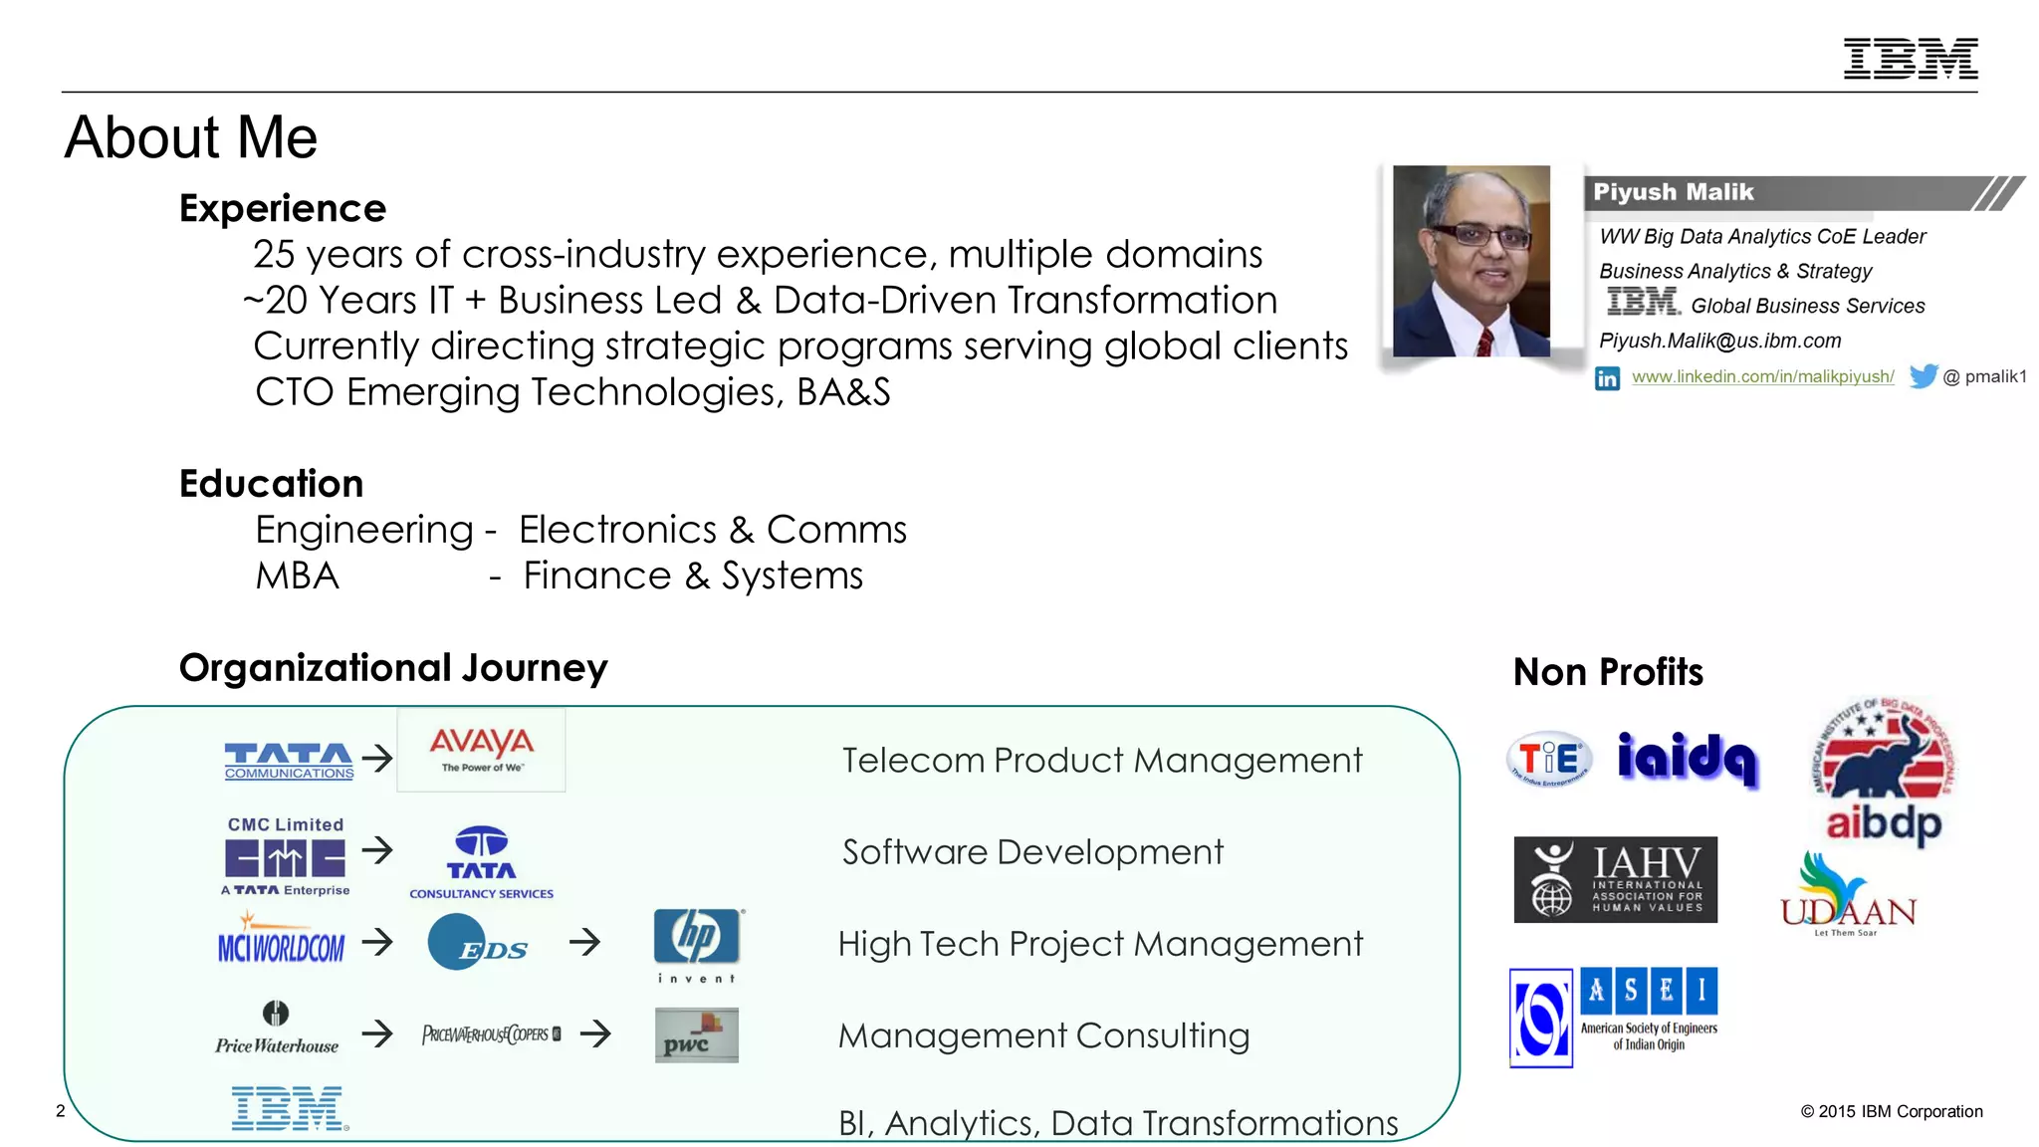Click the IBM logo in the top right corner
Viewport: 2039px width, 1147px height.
tap(1910, 59)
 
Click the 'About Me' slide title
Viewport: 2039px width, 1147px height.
tap(191, 137)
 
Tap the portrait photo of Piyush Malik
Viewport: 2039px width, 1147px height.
tap(1471, 261)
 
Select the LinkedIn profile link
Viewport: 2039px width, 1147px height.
tap(1762, 377)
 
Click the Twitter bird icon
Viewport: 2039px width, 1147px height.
tap(1924, 376)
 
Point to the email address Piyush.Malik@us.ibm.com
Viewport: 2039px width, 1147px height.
tap(1719, 342)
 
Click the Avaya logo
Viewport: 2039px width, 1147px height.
tap(482, 750)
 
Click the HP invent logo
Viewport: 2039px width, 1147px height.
tap(697, 944)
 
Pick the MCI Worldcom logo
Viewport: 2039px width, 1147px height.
tap(281, 943)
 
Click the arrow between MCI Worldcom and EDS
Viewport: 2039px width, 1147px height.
tap(377, 942)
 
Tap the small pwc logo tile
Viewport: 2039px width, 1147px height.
tap(696, 1035)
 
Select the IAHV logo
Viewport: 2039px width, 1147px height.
tap(1615, 880)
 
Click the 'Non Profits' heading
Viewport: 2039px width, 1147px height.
tap(1608, 673)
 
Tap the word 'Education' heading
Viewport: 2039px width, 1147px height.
tap(272, 484)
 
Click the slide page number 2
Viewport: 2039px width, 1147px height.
tap(61, 1111)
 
